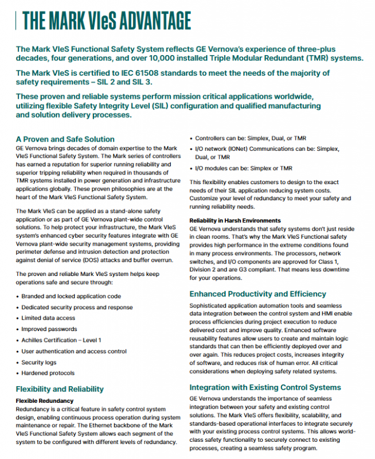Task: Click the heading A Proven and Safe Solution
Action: (65, 139)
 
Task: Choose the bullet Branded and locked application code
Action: (71, 297)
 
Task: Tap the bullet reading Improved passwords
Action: (49, 329)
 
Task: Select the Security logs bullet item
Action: (40, 363)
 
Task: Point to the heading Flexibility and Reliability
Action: (60, 388)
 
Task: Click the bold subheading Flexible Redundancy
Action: (45, 399)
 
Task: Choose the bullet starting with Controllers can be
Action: (243, 139)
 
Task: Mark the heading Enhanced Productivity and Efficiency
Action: (257, 294)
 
